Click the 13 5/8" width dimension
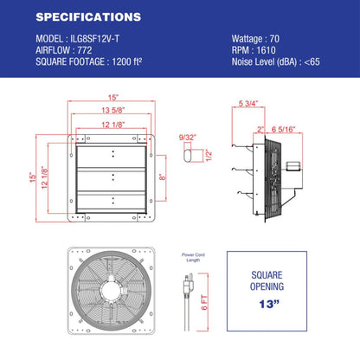(113, 110)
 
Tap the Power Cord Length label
(194, 257)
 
